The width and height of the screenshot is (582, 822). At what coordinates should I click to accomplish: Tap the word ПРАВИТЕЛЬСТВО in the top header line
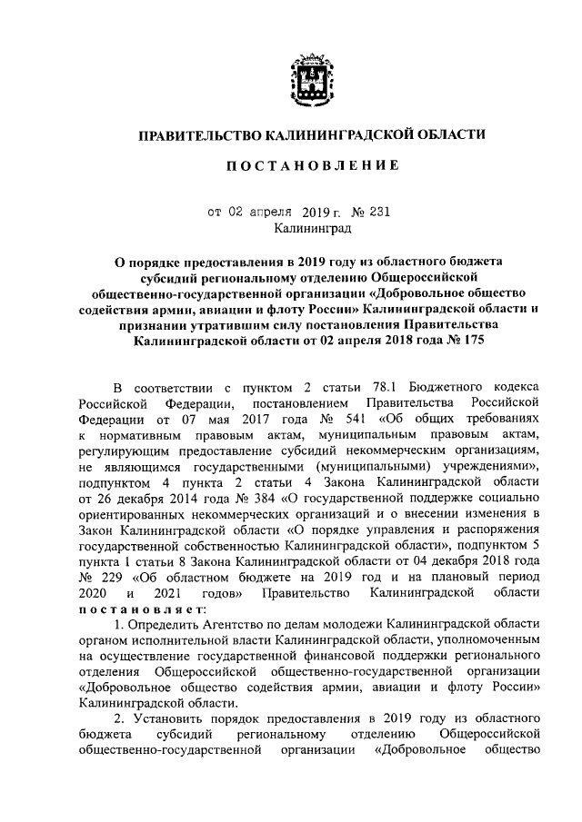(x=198, y=134)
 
